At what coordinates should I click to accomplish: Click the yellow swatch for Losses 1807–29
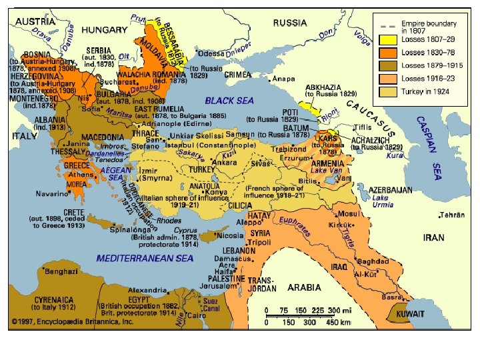389,38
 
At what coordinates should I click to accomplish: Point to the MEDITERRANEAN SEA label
145,258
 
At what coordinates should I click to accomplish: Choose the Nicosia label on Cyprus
229,236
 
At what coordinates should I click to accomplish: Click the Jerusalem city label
211,285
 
